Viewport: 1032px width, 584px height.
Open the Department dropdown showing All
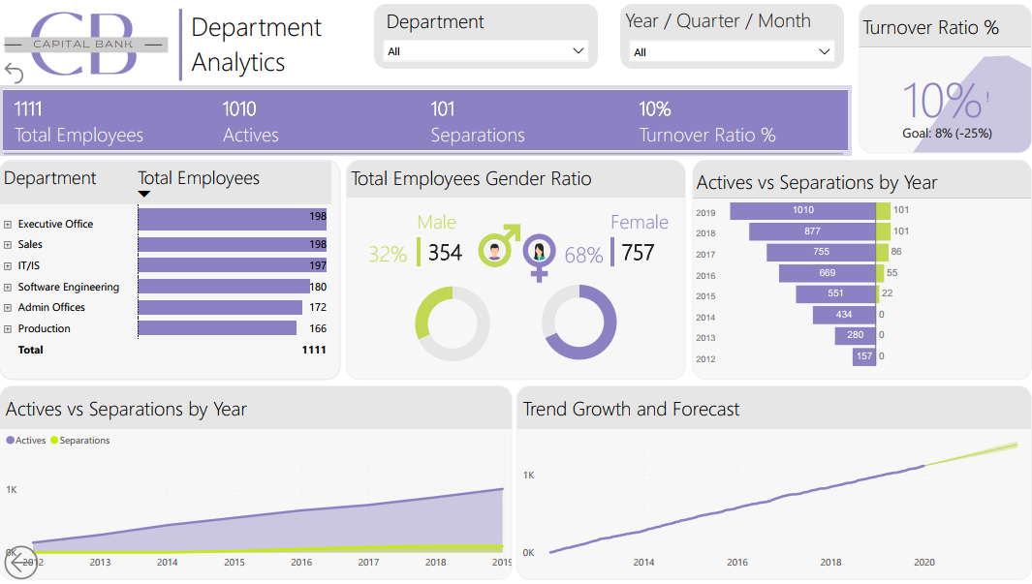click(x=485, y=51)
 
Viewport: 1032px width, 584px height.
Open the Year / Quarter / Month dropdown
click(x=732, y=51)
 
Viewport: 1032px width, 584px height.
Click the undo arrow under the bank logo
click(x=14, y=74)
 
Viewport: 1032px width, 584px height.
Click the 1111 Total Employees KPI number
click(x=28, y=109)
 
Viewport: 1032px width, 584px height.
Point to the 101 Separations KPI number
click(x=443, y=109)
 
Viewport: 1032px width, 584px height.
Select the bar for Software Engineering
click(x=223, y=287)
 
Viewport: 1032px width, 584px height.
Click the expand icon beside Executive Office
click(x=8, y=224)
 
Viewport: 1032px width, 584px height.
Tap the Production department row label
click(x=44, y=328)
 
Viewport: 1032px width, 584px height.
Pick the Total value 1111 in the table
click(x=313, y=350)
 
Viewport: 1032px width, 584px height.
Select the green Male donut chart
click(x=452, y=323)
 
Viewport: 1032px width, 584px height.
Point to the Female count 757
click(x=638, y=253)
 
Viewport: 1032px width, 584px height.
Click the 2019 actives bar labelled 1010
click(x=802, y=210)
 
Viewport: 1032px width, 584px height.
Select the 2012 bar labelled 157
click(x=863, y=356)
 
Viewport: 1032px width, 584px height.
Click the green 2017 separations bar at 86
click(x=882, y=252)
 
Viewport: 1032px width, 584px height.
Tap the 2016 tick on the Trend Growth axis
click(x=737, y=563)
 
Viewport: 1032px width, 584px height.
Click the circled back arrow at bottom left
click(x=19, y=562)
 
